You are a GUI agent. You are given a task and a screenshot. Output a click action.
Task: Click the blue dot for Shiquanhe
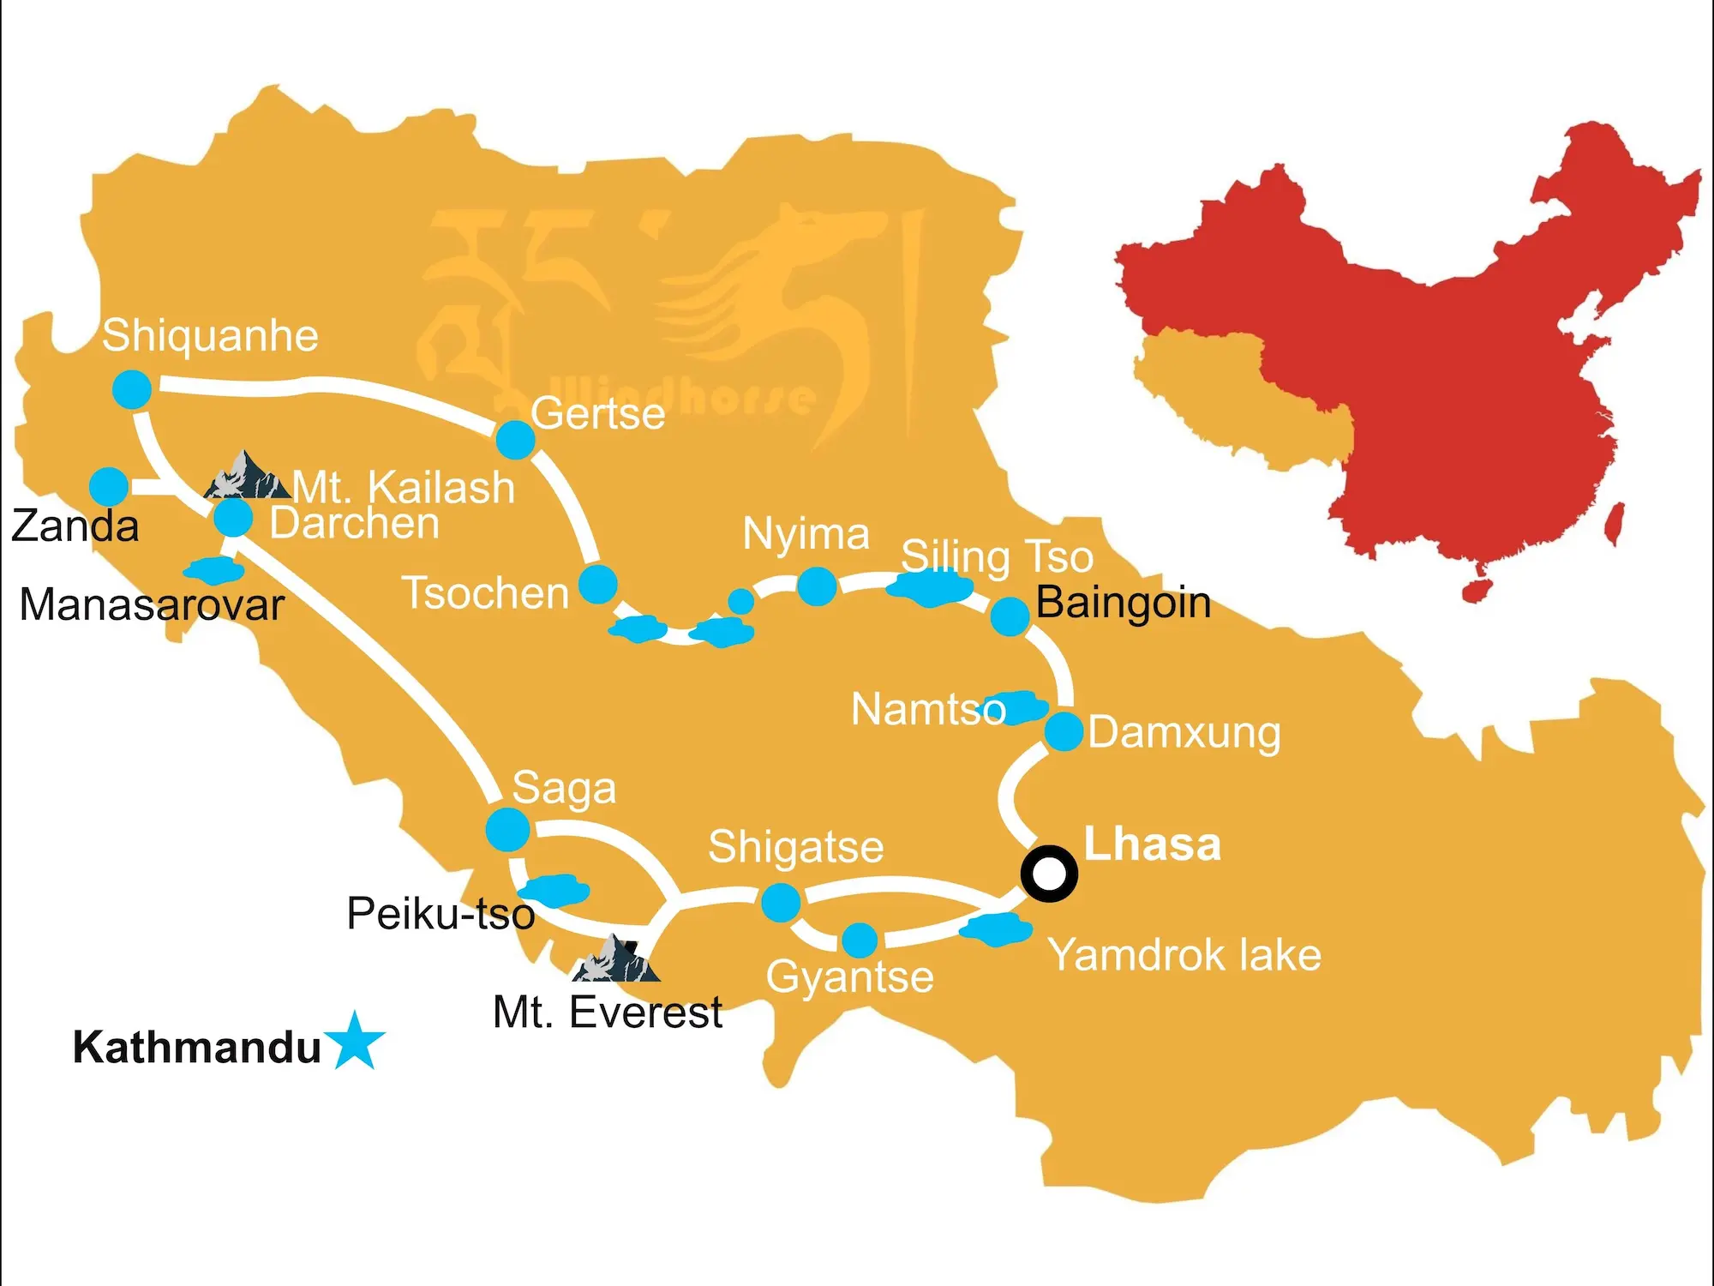[132, 390]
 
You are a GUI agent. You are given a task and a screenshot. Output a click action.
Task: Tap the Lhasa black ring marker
[1049, 874]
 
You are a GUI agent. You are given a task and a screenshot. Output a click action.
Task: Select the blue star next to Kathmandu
[354, 1042]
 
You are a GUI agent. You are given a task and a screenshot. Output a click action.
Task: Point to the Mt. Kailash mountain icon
[246, 477]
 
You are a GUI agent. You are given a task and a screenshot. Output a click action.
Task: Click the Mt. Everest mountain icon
[616, 960]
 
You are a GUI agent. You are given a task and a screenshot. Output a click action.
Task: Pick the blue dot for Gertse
[515, 440]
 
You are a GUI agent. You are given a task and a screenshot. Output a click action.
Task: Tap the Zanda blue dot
[109, 487]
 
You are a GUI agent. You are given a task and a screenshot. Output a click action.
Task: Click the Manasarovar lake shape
[213, 570]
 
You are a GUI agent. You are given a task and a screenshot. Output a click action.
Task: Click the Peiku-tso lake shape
[555, 889]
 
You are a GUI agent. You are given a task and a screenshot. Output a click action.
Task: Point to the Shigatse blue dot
[781, 903]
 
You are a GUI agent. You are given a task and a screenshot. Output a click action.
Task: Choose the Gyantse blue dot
[860, 940]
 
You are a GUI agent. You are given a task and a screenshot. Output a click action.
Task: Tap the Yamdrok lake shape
[995, 929]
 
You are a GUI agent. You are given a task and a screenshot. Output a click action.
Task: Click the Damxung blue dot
[1064, 732]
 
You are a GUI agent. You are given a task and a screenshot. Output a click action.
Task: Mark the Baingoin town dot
[1010, 616]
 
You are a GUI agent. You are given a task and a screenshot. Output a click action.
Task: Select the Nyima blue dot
[817, 586]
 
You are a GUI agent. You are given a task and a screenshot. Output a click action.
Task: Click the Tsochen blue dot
[598, 585]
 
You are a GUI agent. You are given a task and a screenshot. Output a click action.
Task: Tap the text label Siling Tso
[997, 556]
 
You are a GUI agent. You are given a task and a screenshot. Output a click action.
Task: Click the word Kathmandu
[197, 1047]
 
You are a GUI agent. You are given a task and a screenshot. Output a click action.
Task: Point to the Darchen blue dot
[233, 518]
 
